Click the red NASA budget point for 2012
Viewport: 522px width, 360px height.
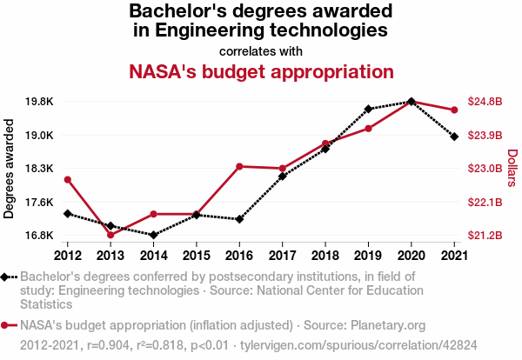coord(68,179)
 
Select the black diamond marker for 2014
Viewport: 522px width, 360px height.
coord(153,235)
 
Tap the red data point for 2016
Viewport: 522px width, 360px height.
coord(239,166)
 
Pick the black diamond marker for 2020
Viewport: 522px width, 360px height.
coord(411,102)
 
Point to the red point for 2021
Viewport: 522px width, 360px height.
coord(454,110)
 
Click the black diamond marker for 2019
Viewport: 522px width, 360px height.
coord(368,109)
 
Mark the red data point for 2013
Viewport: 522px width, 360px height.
coord(110,235)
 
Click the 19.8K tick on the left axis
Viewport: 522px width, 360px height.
coord(39,102)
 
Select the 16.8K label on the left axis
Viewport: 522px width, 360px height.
coord(39,236)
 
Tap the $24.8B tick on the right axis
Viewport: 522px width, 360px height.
coord(485,102)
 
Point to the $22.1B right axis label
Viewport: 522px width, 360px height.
coord(485,203)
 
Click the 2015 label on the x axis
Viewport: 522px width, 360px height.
coord(196,255)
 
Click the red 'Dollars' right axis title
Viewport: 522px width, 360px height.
coord(512,169)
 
